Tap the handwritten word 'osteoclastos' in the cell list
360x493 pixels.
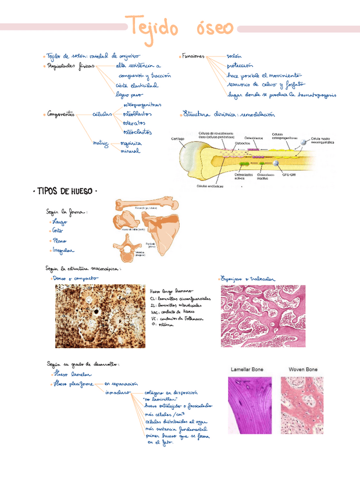click(x=134, y=133)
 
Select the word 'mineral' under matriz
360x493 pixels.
click(x=130, y=151)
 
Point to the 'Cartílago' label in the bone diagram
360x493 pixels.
click(x=178, y=138)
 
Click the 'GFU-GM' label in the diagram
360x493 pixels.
click(x=289, y=173)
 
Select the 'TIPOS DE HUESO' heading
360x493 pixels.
click(x=63, y=191)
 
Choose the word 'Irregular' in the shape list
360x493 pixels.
click(x=63, y=251)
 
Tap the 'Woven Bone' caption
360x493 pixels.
click(x=303, y=369)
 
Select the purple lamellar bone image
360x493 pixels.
click(x=249, y=405)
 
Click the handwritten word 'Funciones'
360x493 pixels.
click(x=193, y=56)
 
